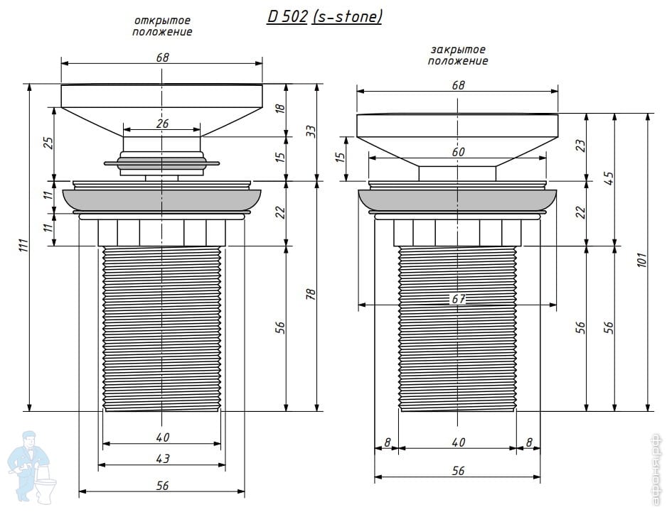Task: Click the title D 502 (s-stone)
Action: click(x=324, y=17)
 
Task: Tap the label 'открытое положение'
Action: click(x=162, y=26)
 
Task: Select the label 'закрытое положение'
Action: click(x=458, y=55)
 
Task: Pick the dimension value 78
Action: click(x=310, y=295)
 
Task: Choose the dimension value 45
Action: click(x=608, y=178)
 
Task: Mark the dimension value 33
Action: click(x=310, y=131)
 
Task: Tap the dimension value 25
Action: click(x=48, y=143)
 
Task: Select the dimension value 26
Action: click(x=162, y=124)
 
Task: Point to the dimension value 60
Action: click(x=458, y=152)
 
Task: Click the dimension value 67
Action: click(x=458, y=299)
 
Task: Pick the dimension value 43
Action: click(x=162, y=459)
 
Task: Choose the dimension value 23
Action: click(x=580, y=146)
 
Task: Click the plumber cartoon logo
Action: click(x=28, y=465)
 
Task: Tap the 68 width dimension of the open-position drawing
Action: click(x=162, y=58)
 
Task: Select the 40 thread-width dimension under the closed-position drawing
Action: click(x=458, y=442)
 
